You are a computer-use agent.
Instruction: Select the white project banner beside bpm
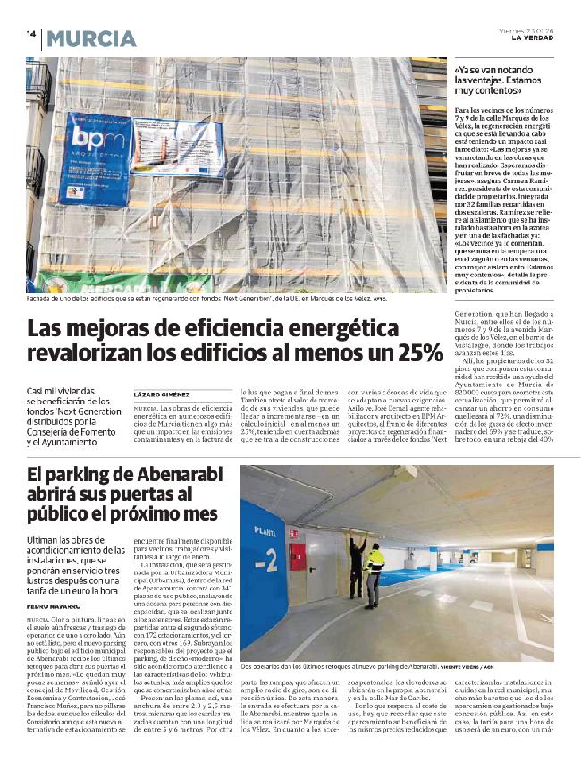click(x=178, y=149)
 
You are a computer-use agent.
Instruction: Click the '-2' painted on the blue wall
click(x=265, y=563)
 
